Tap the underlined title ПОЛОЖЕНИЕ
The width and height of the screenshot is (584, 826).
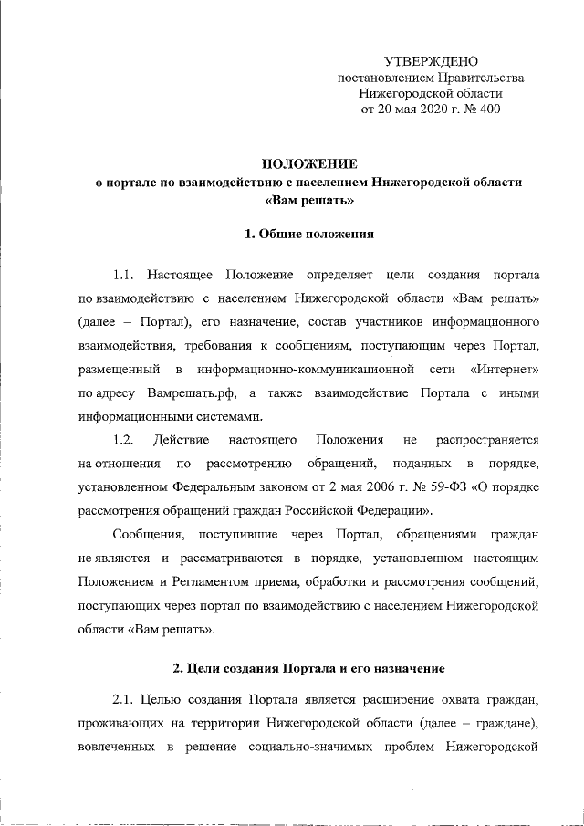pos(309,163)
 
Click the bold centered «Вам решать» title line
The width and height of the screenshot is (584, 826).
pos(309,200)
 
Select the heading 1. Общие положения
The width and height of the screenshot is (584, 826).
pos(309,234)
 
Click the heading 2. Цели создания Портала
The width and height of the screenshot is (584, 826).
pos(309,667)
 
